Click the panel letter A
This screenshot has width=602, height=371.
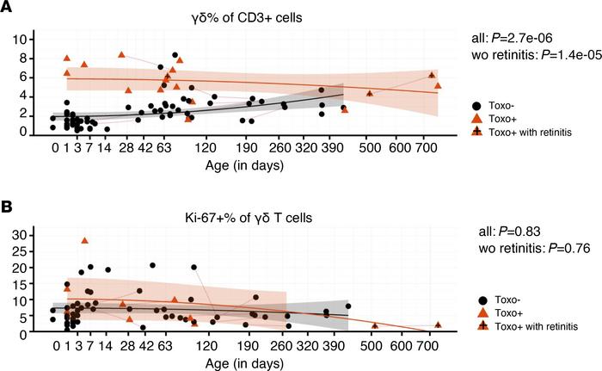(x=7, y=8)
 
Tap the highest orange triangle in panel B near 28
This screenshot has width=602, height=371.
(x=84, y=241)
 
